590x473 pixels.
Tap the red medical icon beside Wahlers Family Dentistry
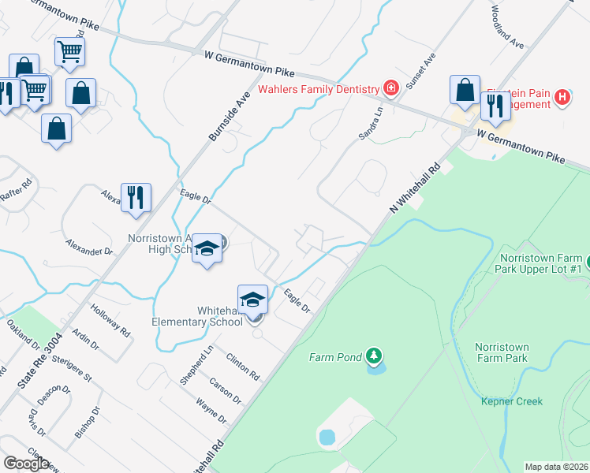(x=390, y=88)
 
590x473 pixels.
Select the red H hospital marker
(x=562, y=98)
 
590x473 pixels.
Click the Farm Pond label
(x=334, y=357)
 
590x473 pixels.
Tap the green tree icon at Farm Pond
(x=374, y=356)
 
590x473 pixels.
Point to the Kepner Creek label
(x=512, y=401)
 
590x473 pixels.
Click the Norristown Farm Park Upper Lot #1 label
(x=540, y=263)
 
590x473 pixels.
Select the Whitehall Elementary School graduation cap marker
(x=253, y=300)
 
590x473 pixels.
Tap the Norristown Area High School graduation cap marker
(x=207, y=248)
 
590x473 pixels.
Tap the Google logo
(x=26, y=464)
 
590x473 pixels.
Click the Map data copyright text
(x=557, y=467)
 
